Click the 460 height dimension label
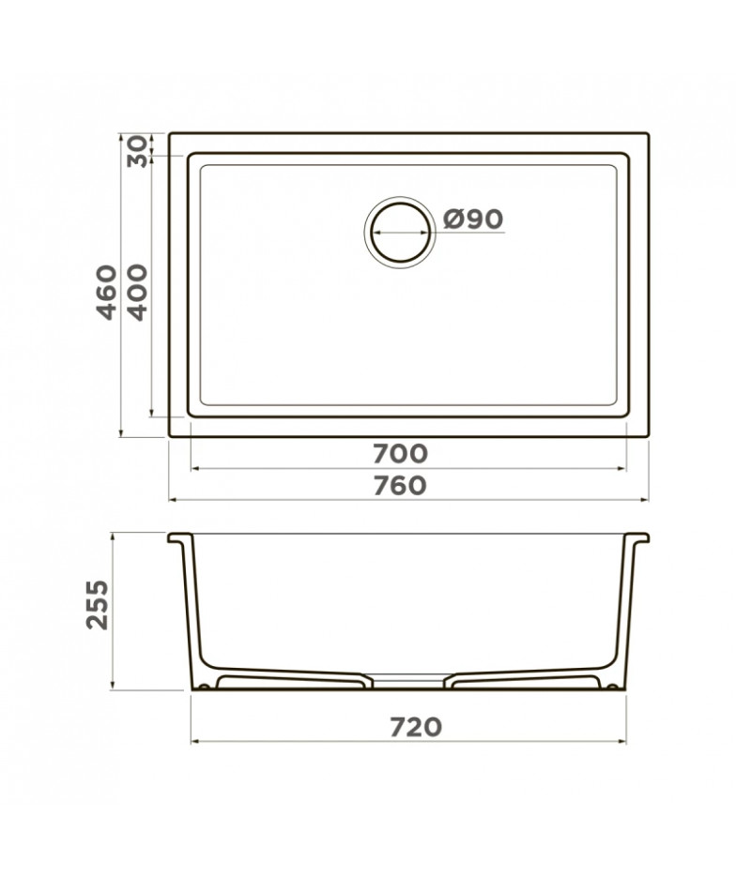pyautogui.click(x=107, y=293)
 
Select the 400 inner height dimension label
pyautogui.click(x=137, y=293)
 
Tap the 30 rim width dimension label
pyautogui.click(x=137, y=152)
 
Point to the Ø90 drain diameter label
pyautogui.click(x=473, y=219)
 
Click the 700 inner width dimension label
pyautogui.click(x=400, y=454)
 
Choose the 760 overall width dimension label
pyautogui.click(x=400, y=486)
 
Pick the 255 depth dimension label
pyautogui.click(x=98, y=605)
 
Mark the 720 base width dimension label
pyautogui.click(x=415, y=727)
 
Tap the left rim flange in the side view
pyautogui.click(x=180, y=538)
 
